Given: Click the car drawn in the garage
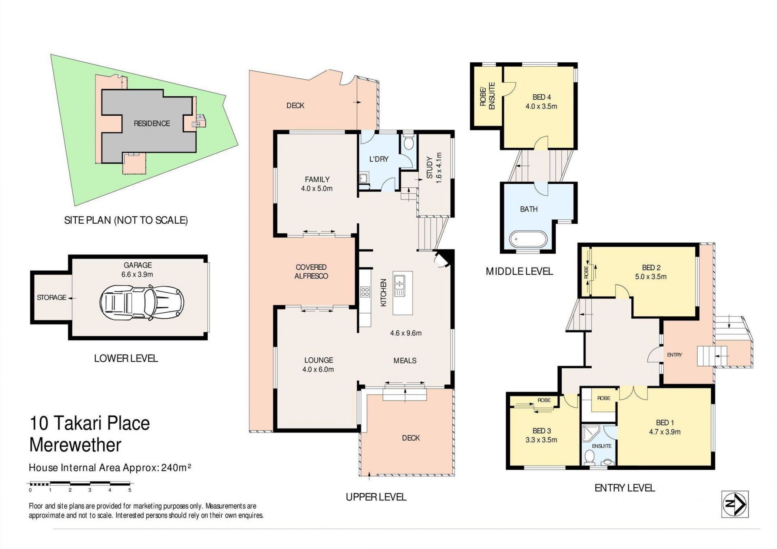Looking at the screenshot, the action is coord(142,303).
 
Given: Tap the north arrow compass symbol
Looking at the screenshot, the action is coord(735,504).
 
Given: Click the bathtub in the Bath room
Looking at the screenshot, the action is coord(528,239).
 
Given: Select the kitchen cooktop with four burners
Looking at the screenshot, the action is coord(365,292).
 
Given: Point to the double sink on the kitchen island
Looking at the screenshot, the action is coord(399,285).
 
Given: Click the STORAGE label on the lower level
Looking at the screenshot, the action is coord(51,297).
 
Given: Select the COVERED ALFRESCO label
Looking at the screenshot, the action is coord(311,271).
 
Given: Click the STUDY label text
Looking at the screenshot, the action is coord(430,167).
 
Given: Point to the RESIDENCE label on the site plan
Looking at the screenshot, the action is coord(152,123).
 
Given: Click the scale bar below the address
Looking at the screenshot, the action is coord(80,483).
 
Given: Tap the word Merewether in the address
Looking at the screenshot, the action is coord(75,445).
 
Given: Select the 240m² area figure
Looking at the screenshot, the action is coord(176,467).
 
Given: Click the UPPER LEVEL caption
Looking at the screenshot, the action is coord(376,497).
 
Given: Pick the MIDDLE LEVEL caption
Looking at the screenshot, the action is coord(519,271).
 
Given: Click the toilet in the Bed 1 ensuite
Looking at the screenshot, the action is coord(589,458).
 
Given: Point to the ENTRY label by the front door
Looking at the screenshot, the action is coord(675,355).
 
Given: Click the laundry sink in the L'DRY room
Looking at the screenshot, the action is coord(363,178).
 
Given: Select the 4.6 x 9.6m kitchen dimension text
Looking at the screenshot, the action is coord(406,333).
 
